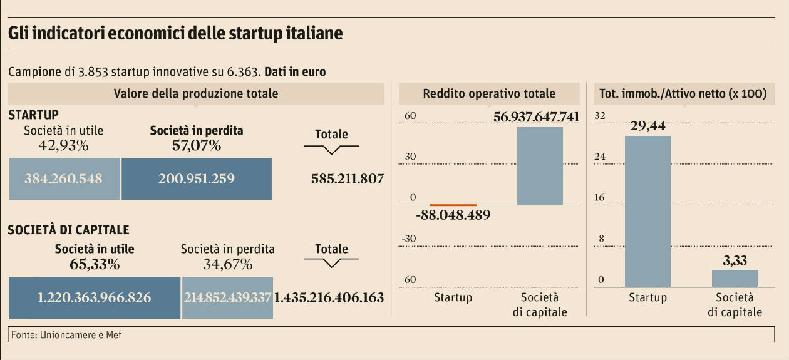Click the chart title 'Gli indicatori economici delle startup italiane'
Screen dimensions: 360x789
tap(175, 33)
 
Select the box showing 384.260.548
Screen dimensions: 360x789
tap(63, 178)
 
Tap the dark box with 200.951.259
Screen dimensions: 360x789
tap(196, 178)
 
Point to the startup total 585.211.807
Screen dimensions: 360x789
tap(347, 179)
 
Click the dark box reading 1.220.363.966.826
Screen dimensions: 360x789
tap(95, 297)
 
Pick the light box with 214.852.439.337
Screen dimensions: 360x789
tap(227, 297)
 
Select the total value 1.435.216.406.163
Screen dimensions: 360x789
tap(329, 297)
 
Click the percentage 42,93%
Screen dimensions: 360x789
tap(63, 146)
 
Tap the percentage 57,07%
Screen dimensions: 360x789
tap(196, 146)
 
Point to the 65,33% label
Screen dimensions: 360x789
tap(95, 264)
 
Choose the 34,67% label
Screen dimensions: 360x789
tap(227, 264)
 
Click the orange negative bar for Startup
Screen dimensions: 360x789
tap(453, 205)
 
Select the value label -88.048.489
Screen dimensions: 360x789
tap(453, 215)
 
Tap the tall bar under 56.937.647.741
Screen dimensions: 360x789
tap(540, 166)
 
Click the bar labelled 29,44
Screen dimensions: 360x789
tap(647, 212)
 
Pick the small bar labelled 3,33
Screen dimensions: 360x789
tap(735, 279)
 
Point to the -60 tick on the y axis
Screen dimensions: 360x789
tap(408, 279)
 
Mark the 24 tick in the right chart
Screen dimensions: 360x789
tap(599, 157)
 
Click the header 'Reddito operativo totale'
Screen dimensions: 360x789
tap(489, 94)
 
